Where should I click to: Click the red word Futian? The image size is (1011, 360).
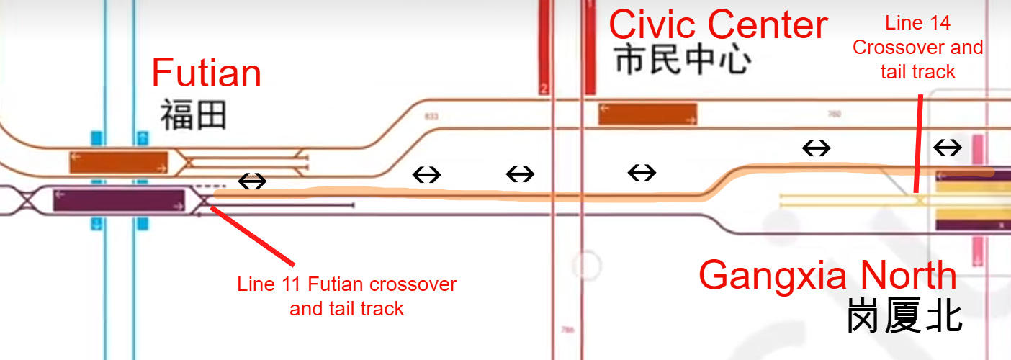(x=206, y=73)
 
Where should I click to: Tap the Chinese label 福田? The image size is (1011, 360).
(x=193, y=115)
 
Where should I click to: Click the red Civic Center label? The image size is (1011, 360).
(x=718, y=25)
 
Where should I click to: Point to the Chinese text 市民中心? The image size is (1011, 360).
(x=683, y=60)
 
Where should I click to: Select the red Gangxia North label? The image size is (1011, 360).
(x=827, y=275)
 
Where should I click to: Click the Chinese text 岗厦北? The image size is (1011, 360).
(x=904, y=317)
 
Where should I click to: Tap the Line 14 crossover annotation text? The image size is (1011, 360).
(x=917, y=48)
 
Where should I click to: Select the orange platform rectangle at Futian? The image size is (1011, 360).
(x=119, y=163)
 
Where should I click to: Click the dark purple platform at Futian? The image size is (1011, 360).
(x=120, y=200)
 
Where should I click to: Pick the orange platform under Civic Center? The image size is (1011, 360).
(x=647, y=114)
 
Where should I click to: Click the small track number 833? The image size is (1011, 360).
(x=431, y=116)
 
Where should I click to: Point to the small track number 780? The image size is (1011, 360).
(x=835, y=114)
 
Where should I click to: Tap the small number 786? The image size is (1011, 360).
(x=567, y=330)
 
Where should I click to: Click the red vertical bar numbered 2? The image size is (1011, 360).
(x=544, y=47)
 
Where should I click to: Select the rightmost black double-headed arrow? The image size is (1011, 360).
(x=947, y=148)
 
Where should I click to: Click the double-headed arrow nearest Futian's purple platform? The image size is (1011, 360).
(x=251, y=181)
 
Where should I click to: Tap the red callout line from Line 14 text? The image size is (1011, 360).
(x=918, y=144)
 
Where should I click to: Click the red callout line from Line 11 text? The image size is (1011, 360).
(x=252, y=235)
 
